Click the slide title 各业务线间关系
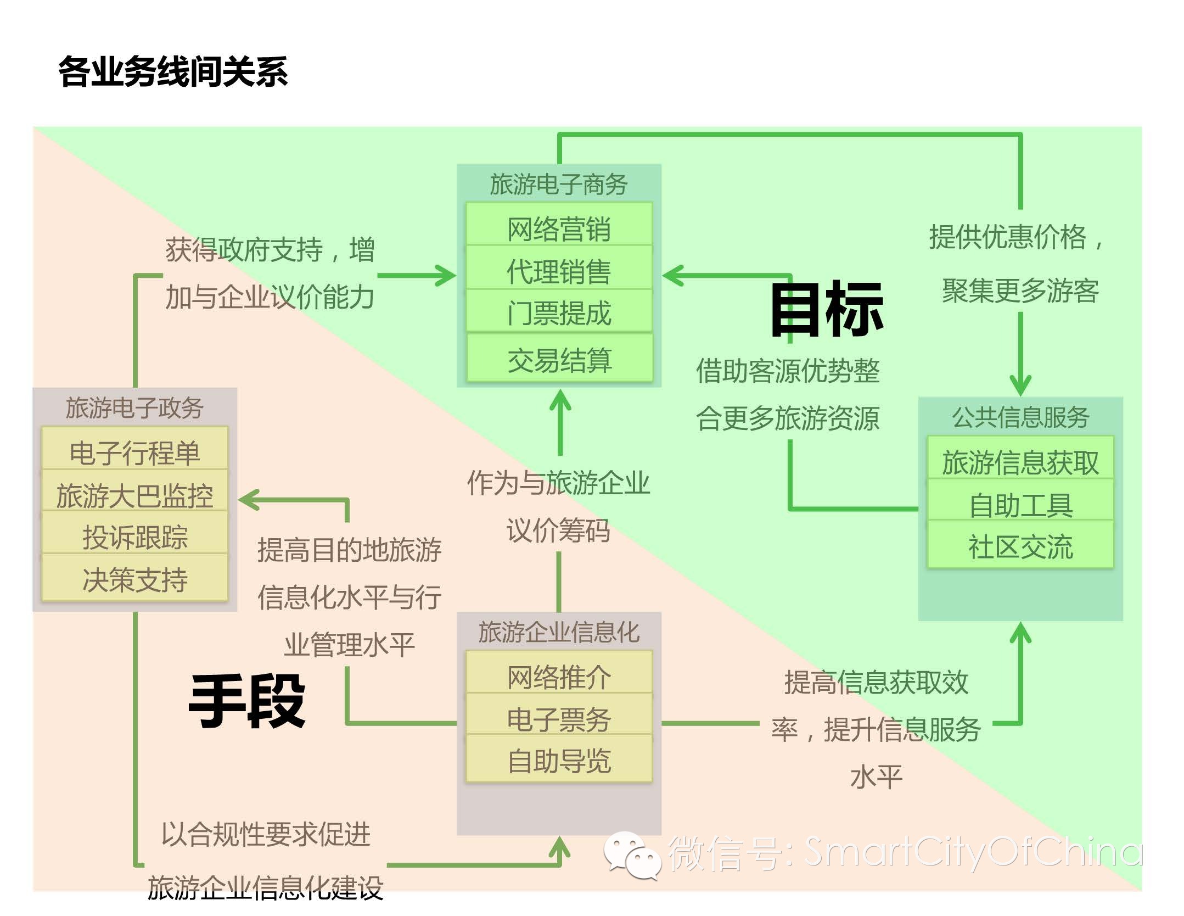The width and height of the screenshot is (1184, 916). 173,71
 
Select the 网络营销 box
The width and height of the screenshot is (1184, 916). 559,227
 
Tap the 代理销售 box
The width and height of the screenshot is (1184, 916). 559,271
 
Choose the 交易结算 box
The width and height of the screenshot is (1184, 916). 559,360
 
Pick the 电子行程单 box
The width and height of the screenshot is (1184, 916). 134,452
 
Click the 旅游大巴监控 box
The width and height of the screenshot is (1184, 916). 134,495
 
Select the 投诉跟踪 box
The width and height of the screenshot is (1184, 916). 134,537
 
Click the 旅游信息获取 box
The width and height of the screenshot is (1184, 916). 1020,461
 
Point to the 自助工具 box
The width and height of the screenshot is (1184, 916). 1020,504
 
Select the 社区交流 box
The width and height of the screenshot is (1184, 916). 1020,546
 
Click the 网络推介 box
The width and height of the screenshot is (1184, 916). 559,676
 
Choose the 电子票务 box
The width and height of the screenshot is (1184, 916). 559,718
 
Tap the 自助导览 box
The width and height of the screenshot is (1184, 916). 559,761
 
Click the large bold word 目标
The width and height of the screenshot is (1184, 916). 826,309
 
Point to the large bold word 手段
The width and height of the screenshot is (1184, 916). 246,701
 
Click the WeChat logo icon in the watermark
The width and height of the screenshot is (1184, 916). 632,854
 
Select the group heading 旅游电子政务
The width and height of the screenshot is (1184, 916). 134,407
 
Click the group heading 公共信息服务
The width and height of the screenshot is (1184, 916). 1020,417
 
